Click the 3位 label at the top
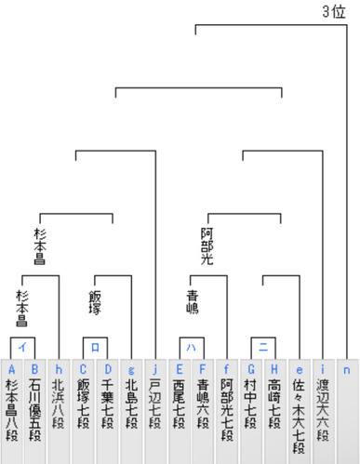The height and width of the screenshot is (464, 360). click(x=334, y=12)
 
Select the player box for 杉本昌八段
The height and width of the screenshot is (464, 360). click(x=11, y=411)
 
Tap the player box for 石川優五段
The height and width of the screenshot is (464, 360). click(x=35, y=411)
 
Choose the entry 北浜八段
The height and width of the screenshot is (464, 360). click(x=59, y=411)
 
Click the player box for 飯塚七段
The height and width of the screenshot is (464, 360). click(x=83, y=411)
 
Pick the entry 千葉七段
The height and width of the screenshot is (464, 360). click(x=107, y=411)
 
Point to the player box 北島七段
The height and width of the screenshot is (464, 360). click(x=131, y=411)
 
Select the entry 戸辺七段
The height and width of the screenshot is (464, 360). click(x=155, y=411)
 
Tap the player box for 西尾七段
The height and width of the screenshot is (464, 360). click(x=180, y=411)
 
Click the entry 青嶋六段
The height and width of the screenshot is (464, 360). click(x=203, y=411)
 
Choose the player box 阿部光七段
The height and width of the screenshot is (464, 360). click(x=227, y=411)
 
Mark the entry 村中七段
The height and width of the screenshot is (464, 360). click(x=251, y=411)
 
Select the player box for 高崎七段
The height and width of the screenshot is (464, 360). click(x=275, y=411)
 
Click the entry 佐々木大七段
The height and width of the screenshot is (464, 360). click(x=300, y=411)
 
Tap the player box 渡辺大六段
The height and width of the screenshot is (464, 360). click(x=323, y=411)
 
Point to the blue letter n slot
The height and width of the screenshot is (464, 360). click(x=347, y=370)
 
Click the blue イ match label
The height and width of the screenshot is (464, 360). click(x=22, y=347)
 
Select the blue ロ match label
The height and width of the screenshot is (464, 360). click(x=95, y=347)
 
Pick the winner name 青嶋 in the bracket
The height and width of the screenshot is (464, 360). click(x=193, y=302)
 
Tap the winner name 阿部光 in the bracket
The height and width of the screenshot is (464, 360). click(x=207, y=246)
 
